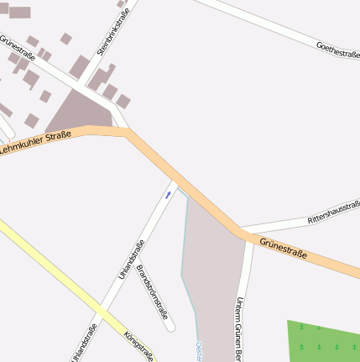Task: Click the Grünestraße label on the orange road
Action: pos(284,248)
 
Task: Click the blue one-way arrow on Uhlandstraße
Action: pos(168,195)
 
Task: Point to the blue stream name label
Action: pos(199,351)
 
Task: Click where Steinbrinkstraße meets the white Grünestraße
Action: pos(83,87)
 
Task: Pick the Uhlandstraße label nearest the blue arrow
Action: pos(133,260)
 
